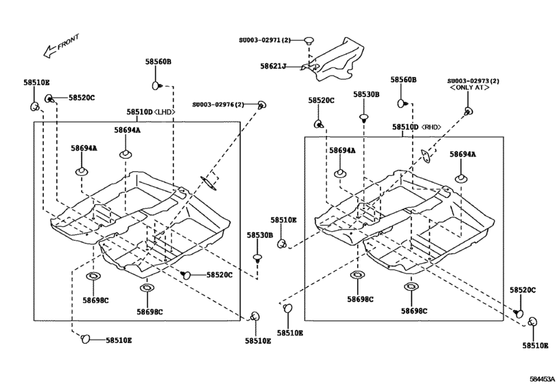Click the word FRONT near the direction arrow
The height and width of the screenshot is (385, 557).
coord(69,42)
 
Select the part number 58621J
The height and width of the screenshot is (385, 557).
coord(273,67)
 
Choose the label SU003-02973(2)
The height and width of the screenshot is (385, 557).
coord(473,81)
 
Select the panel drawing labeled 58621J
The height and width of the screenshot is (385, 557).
coord(333,63)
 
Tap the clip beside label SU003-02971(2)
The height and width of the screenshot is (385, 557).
coord(309,41)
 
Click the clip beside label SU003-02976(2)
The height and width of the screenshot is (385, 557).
coord(261,105)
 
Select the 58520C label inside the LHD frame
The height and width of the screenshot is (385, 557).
coord(220,275)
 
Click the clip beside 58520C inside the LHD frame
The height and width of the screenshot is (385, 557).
coord(186,275)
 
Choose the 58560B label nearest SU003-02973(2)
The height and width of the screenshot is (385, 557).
coord(404,80)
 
